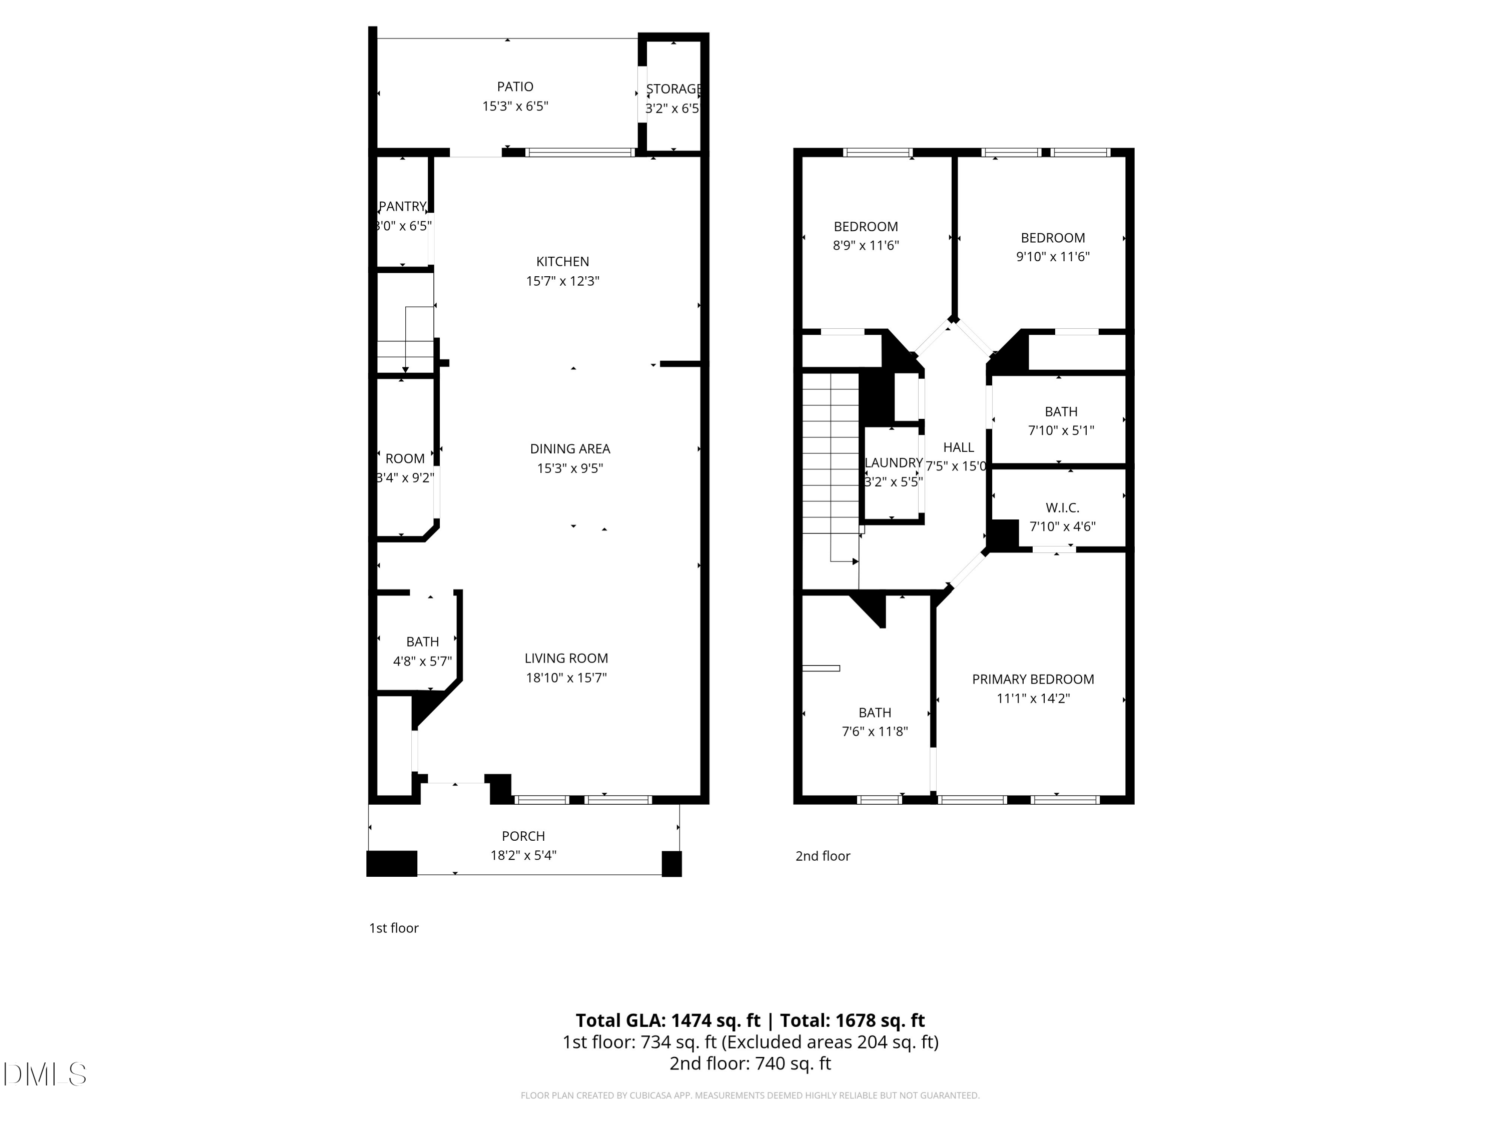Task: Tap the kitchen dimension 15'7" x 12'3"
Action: pos(562,281)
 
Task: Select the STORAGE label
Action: pos(672,89)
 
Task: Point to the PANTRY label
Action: pos(402,206)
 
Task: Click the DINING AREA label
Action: pos(570,448)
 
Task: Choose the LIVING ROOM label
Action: pos(566,659)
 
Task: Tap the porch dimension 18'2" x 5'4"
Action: pos(523,855)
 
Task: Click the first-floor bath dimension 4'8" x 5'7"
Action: pos(422,661)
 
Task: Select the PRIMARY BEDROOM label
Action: pos(1033,680)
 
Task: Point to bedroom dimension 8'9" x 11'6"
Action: pos(866,246)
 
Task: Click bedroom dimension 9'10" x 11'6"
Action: pos(1053,257)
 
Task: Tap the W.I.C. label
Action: pos(1062,507)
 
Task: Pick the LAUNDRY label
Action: pos(893,463)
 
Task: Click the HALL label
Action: pos(958,447)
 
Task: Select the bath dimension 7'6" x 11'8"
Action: pos(875,732)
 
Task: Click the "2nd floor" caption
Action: pos(823,856)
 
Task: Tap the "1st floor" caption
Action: pos(394,928)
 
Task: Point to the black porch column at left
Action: pos(392,863)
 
